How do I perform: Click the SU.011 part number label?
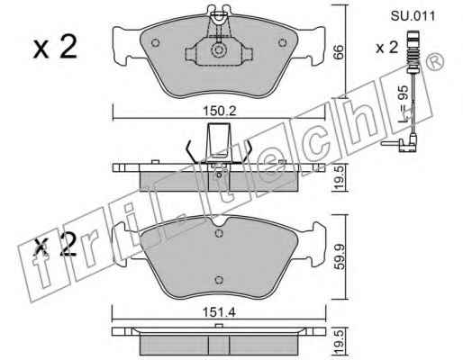[413, 15]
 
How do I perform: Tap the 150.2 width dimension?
[220, 111]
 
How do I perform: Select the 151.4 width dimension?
[219, 312]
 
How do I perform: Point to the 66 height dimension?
[339, 52]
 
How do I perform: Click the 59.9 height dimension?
[340, 256]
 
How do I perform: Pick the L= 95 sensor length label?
[404, 103]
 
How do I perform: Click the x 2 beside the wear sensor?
[387, 48]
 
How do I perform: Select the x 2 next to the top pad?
[55, 47]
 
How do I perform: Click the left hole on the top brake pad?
[155, 43]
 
